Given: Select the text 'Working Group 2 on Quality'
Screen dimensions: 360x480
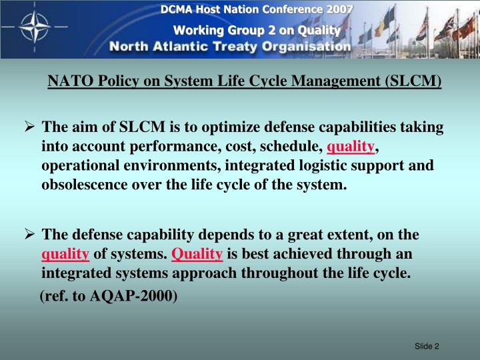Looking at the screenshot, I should [x=257, y=30].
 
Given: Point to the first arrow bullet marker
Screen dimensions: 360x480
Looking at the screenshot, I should [x=29, y=127].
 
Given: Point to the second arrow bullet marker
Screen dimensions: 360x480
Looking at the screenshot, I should [x=29, y=235].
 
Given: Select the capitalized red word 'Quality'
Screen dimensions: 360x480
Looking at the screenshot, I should [x=197, y=254].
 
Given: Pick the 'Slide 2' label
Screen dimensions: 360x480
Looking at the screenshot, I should [x=427, y=345].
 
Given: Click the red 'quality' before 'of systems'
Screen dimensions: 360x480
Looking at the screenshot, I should [x=65, y=254].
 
